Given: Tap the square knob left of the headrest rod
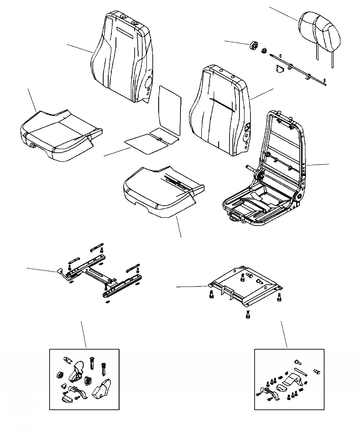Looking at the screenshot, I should [254, 46].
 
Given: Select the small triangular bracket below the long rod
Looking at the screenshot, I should [280, 69].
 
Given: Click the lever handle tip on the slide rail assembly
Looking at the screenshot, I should [60, 271].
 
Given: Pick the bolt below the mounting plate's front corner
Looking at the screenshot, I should [247, 315].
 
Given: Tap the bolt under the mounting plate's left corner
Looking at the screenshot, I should [211, 295].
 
